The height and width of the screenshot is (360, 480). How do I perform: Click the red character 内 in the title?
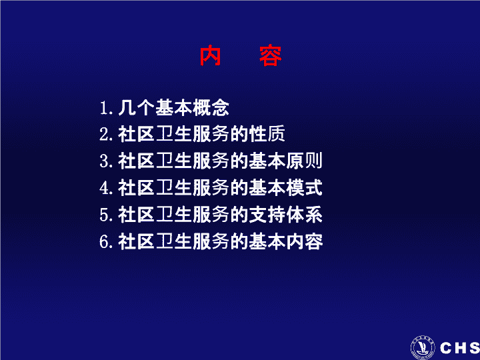(210, 56)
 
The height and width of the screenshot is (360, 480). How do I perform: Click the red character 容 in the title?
(270, 56)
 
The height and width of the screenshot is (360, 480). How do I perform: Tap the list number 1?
(105, 108)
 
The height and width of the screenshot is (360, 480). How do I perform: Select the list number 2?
(105, 135)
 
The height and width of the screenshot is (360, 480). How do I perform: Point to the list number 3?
(105, 161)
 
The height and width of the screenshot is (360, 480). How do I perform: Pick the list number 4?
(105, 188)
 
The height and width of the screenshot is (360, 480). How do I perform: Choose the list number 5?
(105, 215)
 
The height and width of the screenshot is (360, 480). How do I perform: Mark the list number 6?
(105, 241)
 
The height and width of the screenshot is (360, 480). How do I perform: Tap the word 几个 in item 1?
(136, 108)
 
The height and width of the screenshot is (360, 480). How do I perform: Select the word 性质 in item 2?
(267, 134)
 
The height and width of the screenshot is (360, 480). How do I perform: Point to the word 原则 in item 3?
(304, 161)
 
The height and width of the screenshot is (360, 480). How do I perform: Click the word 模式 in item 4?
(304, 187)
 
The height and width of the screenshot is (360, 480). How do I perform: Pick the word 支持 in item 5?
(267, 214)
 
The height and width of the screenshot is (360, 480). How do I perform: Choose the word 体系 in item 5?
(304, 214)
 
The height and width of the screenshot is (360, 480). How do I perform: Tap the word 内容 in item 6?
(304, 241)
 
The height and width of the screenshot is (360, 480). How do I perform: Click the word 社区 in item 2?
(136, 134)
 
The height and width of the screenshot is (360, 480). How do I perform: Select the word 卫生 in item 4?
(173, 187)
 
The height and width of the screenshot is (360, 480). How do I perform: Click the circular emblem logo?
(423, 347)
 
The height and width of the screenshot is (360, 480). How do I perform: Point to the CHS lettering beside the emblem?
(460, 348)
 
